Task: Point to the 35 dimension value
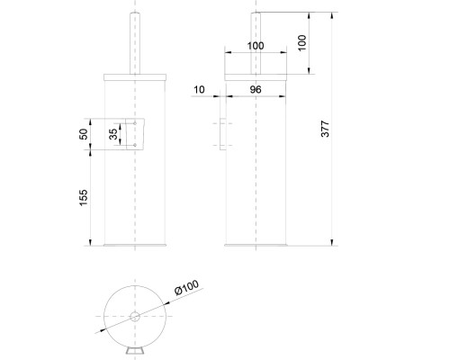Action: point(112,134)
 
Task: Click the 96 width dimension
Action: point(256,90)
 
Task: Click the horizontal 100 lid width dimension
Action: point(256,45)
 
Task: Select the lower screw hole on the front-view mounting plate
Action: point(133,145)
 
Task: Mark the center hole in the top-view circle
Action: point(134,316)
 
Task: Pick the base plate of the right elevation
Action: point(256,244)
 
